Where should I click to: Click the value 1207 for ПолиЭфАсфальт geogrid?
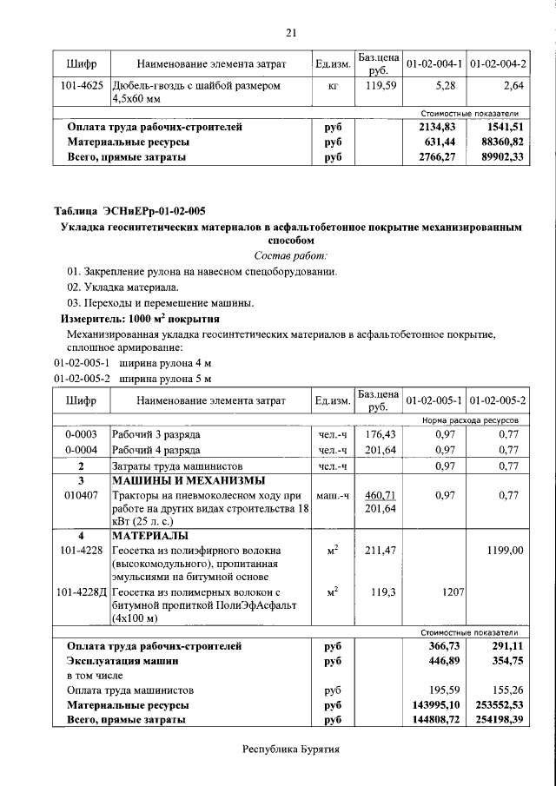pyautogui.click(x=449, y=592)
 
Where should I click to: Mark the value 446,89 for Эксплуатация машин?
pyautogui.click(x=438, y=661)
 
